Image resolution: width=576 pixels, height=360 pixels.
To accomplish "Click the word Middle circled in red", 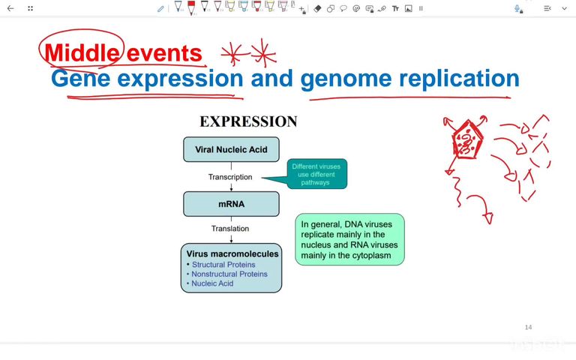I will [x=81, y=53].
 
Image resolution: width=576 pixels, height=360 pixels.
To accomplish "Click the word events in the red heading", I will [x=164, y=53].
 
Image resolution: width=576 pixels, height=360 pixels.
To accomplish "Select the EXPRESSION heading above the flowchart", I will [x=248, y=121].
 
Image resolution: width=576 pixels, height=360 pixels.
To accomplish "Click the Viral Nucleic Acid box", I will [x=231, y=149].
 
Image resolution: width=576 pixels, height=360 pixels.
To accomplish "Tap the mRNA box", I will [x=231, y=203].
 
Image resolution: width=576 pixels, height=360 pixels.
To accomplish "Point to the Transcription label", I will [x=229, y=177].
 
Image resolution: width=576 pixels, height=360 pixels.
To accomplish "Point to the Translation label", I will [x=229, y=229].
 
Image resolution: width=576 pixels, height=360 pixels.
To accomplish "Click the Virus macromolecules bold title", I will [x=232, y=253].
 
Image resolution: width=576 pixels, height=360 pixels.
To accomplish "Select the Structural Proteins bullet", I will [x=223, y=265].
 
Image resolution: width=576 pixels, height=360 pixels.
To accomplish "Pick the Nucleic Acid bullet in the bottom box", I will [x=212, y=283].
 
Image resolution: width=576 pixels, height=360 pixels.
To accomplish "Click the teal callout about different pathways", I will [x=316, y=174].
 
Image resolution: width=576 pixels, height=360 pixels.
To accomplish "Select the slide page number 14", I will [x=528, y=327].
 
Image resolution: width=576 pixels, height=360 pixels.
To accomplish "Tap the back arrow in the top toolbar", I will [x=10, y=8].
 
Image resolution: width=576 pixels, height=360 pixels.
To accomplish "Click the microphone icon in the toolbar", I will [x=517, y=8].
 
